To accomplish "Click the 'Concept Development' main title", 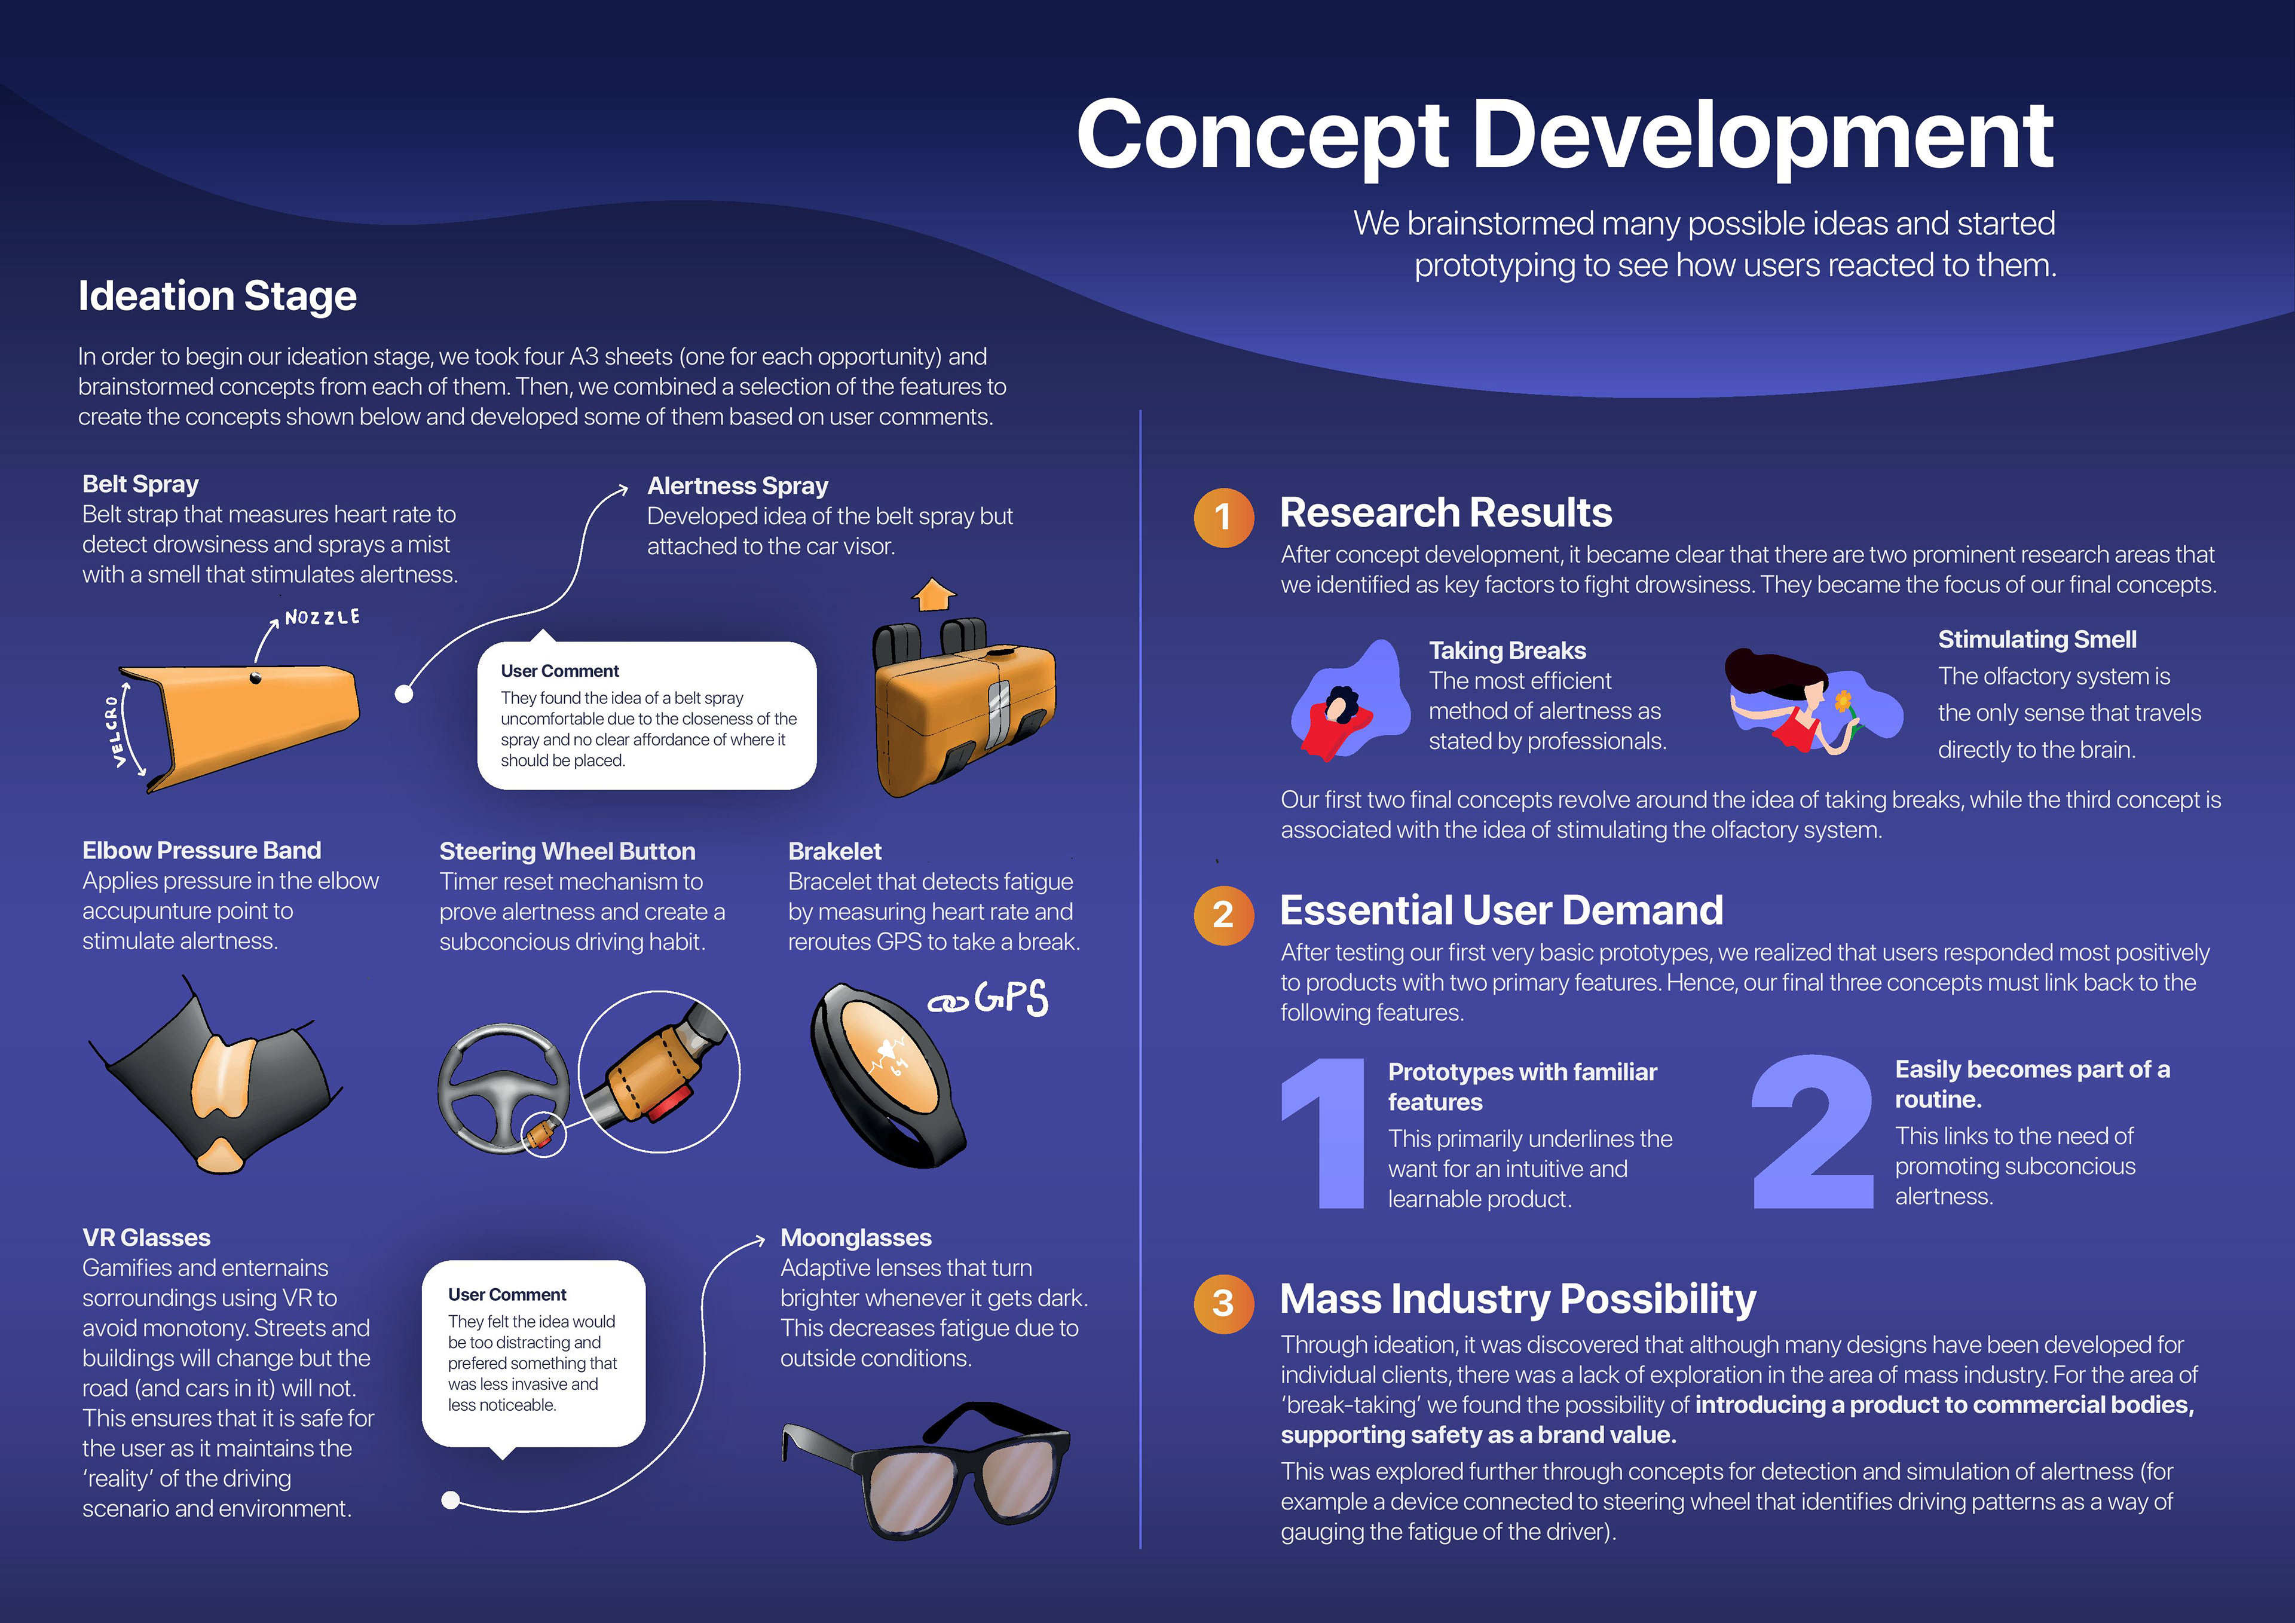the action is [x=1564, y=136].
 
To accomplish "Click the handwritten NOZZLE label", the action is [x=322, y=617].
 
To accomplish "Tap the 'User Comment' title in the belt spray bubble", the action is [x=560, y=671].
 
